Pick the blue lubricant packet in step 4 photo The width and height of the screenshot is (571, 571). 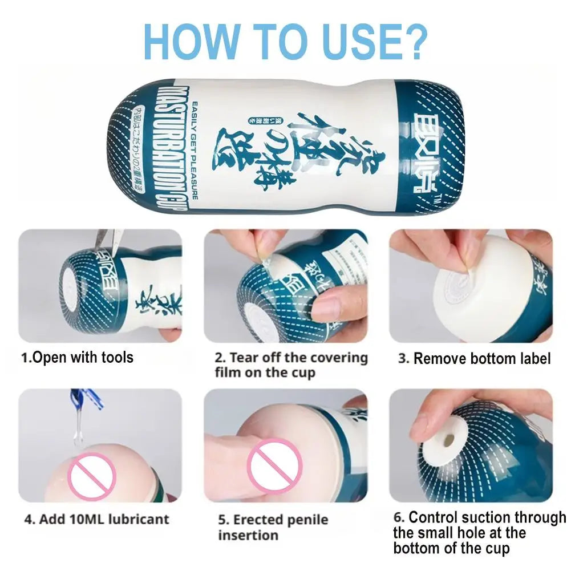(x=86, y=399)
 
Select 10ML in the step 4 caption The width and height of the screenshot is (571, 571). (x=72, y=520)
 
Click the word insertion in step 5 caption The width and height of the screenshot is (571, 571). (x=248, y=536)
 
